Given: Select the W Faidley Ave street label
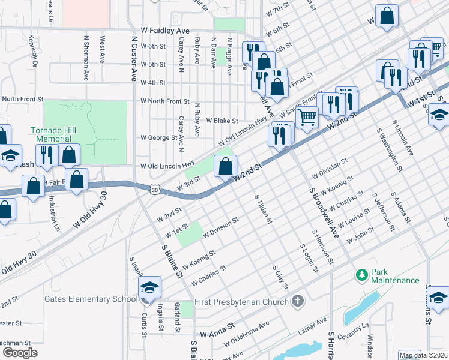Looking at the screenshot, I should [165, 31].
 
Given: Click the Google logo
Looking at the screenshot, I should [20, 353].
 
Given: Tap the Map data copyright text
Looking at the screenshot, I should [424, 355].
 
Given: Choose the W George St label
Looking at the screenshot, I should [159, 137].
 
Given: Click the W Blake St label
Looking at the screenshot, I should [222, 120].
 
